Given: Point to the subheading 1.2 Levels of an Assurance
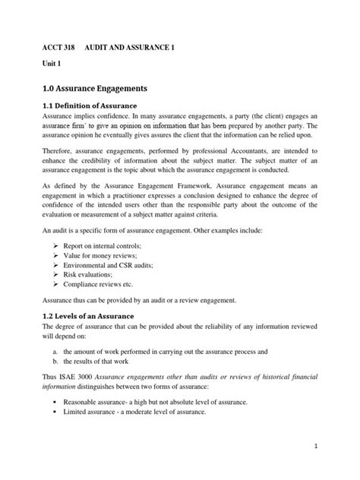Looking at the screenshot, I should [90, 315].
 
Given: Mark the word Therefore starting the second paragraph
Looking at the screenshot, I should [58, 154].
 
